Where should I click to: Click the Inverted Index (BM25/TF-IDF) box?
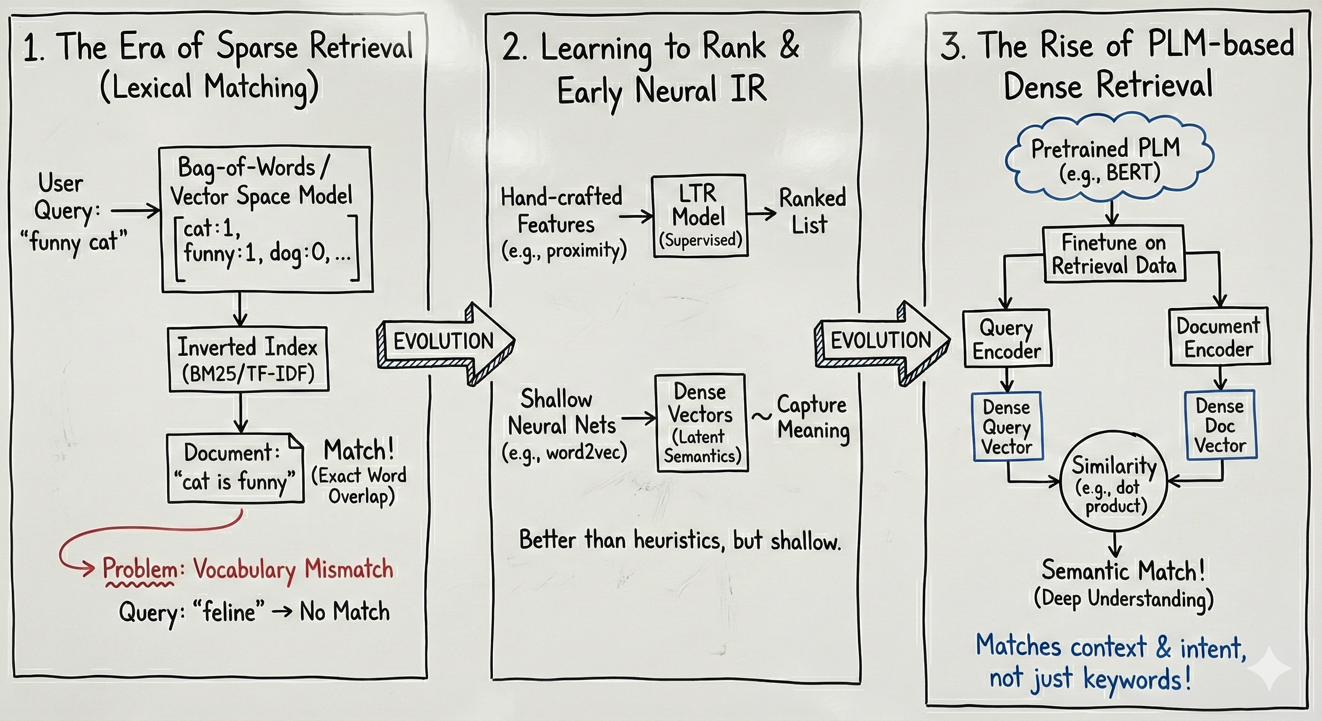point(248,359)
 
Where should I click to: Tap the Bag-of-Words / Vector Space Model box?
point(266,220)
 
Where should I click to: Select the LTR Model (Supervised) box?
point(700,216)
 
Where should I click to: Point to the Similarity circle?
point(1114,485)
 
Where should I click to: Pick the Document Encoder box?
point(1219,337)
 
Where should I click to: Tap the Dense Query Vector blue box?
point(1007,426)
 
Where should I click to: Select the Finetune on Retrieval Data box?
point(1114,254)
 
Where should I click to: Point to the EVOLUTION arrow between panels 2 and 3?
point(881,341)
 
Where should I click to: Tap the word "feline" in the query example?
point(229,612)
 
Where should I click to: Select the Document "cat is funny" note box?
point(235,468)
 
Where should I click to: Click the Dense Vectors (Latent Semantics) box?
point(701,423)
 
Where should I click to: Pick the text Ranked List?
point(811,211)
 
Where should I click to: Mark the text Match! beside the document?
point(359,451)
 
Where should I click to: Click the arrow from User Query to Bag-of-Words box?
point(136,210)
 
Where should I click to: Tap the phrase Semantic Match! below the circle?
point(1123,571)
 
